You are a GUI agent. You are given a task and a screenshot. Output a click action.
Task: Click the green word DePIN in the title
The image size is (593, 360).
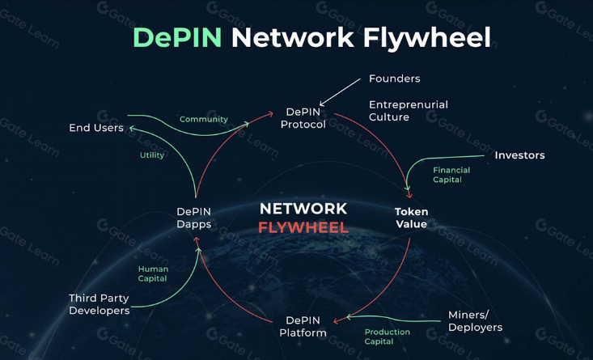tap(176, 37)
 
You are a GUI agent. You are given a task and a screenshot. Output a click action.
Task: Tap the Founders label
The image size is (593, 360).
tap(394, 78)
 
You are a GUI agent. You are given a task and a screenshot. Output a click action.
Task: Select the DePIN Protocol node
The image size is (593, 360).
tap(303, 118)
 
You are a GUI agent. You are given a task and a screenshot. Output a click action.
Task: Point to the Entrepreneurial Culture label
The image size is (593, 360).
tap(408, 111)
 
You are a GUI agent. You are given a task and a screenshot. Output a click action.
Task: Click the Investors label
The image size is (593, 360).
tap(519, 155)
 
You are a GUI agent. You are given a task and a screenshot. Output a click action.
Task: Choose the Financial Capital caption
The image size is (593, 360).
tap(451, 175)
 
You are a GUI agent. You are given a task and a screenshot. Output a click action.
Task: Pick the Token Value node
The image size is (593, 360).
tap(411, 218)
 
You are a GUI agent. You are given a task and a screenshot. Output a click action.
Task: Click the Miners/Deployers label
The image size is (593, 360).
tap(476, 321)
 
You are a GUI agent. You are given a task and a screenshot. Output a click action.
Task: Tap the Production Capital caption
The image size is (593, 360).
tap(387, 337)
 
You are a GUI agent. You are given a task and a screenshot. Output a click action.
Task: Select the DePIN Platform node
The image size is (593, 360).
tap(303, 326)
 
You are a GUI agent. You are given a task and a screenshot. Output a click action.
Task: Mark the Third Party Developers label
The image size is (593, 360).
tap(99, 304)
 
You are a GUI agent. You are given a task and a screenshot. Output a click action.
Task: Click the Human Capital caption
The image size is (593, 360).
tap(153, 273)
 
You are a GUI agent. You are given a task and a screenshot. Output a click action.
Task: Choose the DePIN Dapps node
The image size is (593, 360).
tap(194, 218)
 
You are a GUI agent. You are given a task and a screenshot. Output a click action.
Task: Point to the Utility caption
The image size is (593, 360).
tap(152, 155)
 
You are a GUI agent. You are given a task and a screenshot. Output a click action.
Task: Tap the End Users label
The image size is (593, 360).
tap(96, 128)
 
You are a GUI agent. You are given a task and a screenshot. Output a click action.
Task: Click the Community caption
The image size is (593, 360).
tap(203, 119)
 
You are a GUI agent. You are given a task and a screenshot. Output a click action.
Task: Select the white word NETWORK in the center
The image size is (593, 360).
tap(303, 209)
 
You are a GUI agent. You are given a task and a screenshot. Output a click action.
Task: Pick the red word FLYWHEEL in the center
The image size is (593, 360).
tap(303, 228)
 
